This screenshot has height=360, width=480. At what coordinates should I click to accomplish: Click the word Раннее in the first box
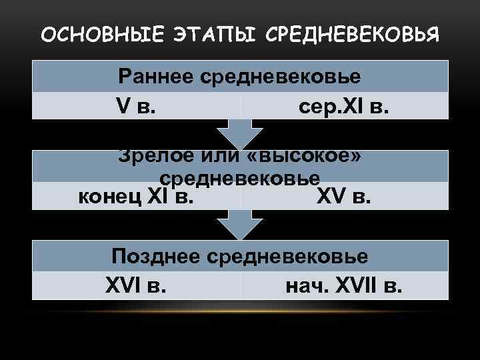tap(155, 76)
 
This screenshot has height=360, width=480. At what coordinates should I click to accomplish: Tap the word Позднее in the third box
tap(157, 256)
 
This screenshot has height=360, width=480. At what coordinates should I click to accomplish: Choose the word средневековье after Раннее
tap(279, 76)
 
